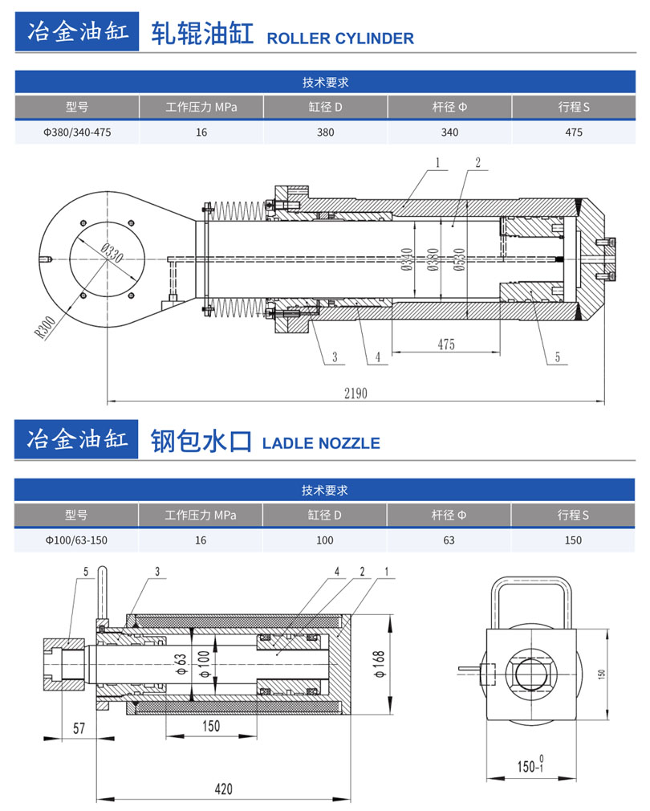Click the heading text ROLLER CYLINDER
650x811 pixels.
click(339, 38)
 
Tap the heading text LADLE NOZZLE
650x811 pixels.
click(321, 443)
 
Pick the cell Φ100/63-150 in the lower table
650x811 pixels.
click(76, 540)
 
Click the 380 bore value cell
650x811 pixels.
click(325, 132)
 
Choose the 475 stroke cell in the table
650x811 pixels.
click(573, 132)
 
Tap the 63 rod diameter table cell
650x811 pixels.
click(449, 540)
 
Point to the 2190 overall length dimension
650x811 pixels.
click(355, 393)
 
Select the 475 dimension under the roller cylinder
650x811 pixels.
click(446, 344)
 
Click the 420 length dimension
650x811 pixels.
click(224, 790)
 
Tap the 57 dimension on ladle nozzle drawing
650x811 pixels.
click(79, 727)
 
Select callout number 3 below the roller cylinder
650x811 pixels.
click(334, 358)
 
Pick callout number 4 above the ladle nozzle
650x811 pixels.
click(337, 571)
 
